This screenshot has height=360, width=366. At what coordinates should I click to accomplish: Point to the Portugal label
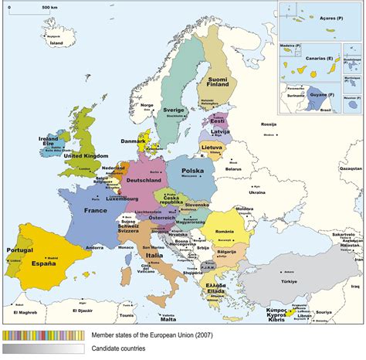tap(19, 250)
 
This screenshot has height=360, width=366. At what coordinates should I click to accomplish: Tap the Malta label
tap(168, 319)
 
